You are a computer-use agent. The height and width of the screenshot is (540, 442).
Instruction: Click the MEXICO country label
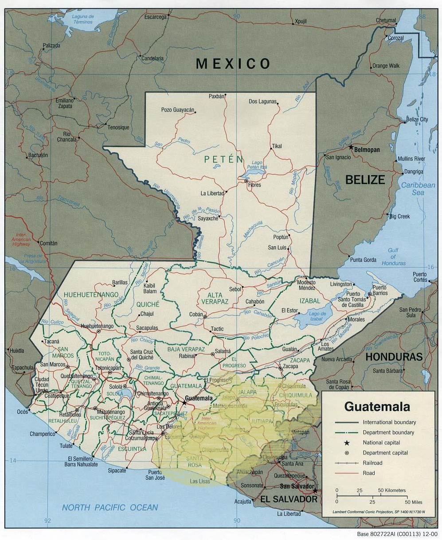point(233,64)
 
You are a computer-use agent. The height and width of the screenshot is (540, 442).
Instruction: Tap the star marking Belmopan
point(351,147)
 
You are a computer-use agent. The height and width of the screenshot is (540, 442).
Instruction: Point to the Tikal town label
point(277,146)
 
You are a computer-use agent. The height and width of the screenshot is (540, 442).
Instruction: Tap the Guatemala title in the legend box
point(377,406)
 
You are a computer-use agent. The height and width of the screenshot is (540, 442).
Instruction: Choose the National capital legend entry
point(381,443)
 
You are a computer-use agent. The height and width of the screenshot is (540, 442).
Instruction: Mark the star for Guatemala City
point(184,402)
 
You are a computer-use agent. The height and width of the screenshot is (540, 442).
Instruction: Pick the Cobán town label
point(196,314)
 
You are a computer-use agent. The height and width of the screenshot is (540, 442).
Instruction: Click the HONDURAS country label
point(394,357)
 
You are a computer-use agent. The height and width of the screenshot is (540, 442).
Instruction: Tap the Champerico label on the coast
point(42,434)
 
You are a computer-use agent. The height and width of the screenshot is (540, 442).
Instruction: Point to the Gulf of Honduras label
point(393,256)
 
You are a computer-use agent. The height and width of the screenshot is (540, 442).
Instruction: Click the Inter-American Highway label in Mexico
point(21,239)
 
